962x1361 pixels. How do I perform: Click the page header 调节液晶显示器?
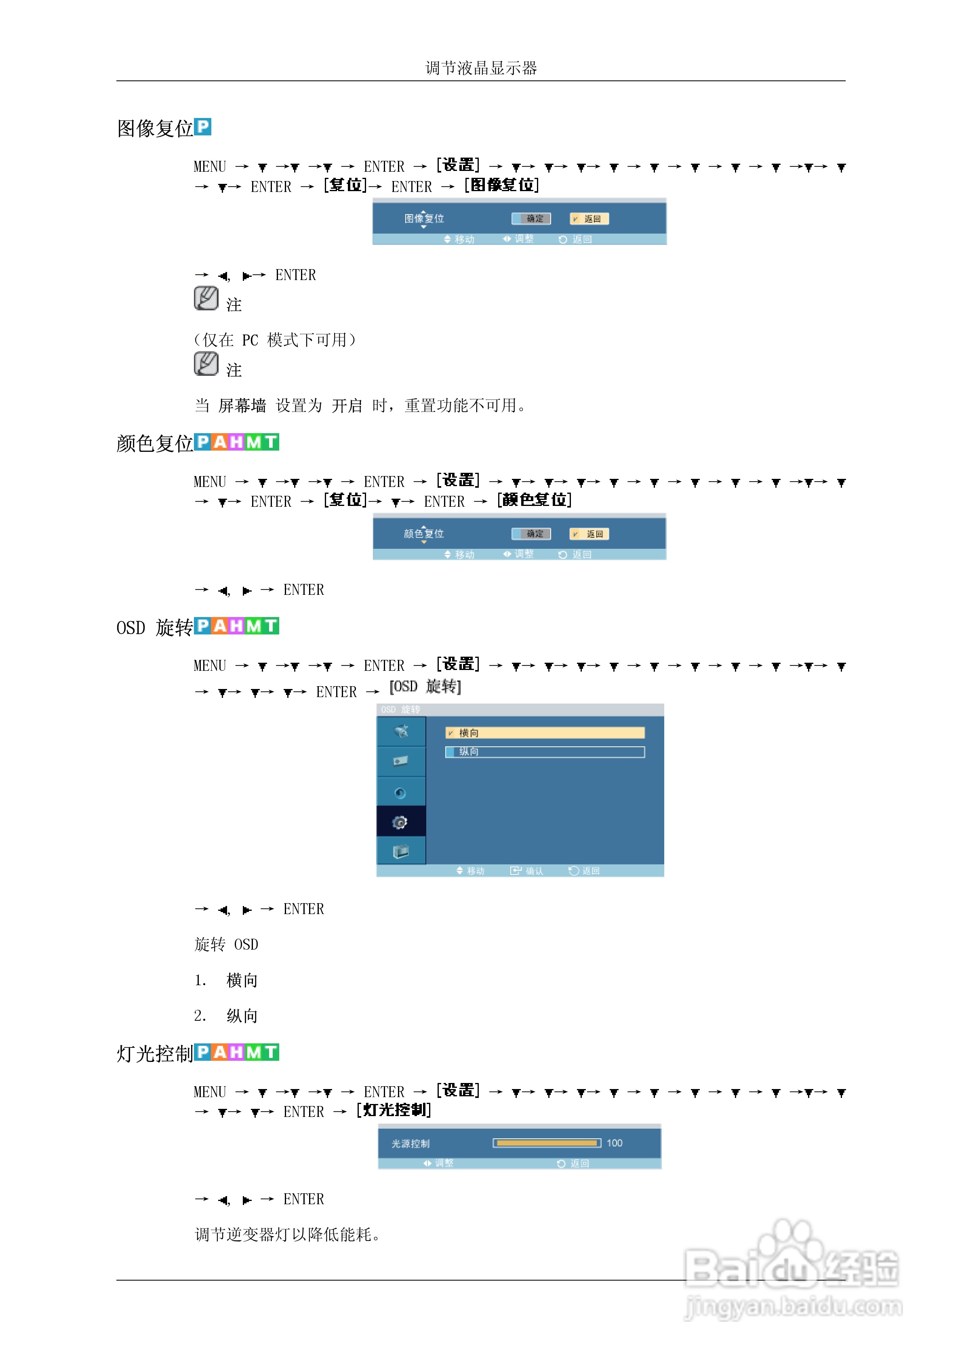(x=481, y=68)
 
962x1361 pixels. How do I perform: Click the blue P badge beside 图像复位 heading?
(x=203, y=127)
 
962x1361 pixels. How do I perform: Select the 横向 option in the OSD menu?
(x=545, y=733)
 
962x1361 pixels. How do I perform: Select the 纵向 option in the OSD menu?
(x=545, y=752)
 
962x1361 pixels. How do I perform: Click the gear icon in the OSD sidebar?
(x=401, y=822)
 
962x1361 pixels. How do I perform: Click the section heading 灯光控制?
(x=155, y=1054)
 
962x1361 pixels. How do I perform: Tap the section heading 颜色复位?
(x=155, y=443)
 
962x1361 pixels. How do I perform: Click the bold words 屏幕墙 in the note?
(x=242, y=406)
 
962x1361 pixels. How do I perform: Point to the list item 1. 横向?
(x=226, y=980)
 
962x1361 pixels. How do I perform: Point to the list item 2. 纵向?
(x=226, y=1016)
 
